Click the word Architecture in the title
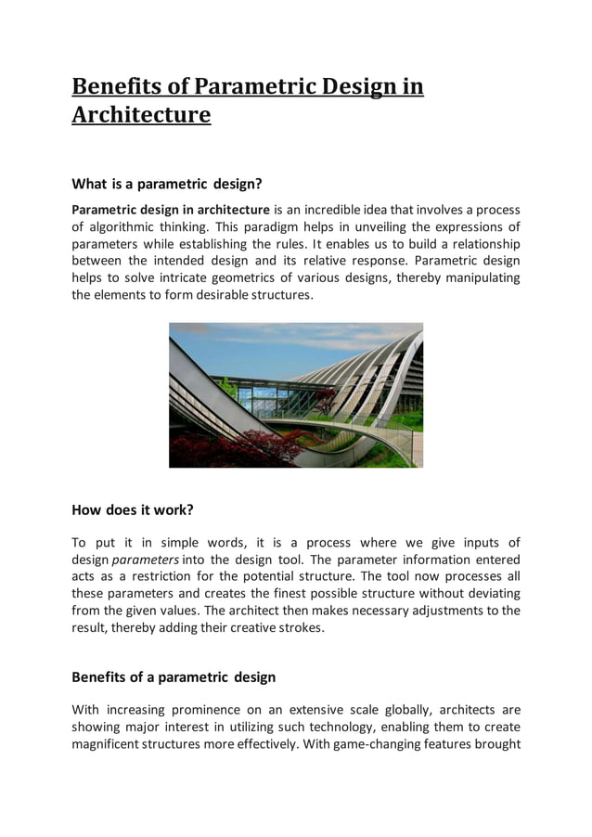point(141,115)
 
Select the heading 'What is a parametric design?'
point(167,184)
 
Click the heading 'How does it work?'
point(132,509)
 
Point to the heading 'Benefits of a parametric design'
point(174,676)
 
